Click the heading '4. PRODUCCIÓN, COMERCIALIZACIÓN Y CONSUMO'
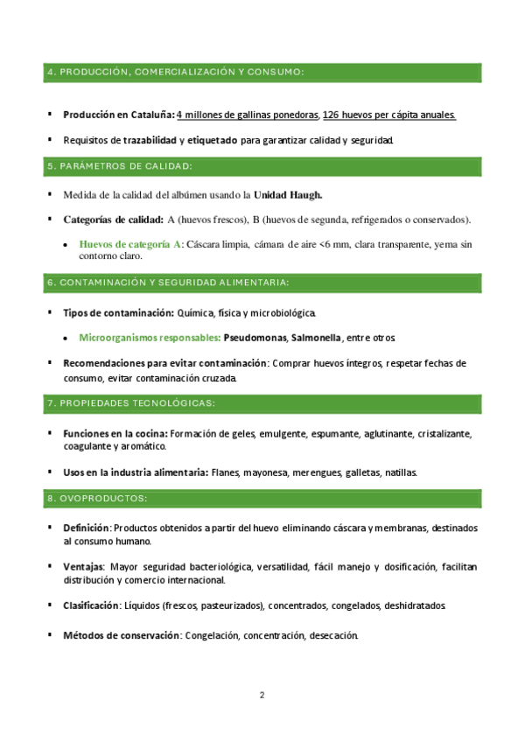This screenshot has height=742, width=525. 175,71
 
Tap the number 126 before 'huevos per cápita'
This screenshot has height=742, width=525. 332,115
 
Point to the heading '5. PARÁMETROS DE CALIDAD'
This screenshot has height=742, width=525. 120,166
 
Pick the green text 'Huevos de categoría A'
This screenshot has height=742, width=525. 129,244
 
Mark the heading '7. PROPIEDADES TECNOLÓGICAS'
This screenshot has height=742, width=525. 131,403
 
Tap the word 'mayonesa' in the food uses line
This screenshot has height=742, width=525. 269,472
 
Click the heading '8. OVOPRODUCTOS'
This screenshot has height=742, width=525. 97,499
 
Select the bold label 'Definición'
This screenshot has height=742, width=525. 87,528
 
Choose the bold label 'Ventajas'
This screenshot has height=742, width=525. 83,567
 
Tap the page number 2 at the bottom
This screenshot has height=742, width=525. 262,696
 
